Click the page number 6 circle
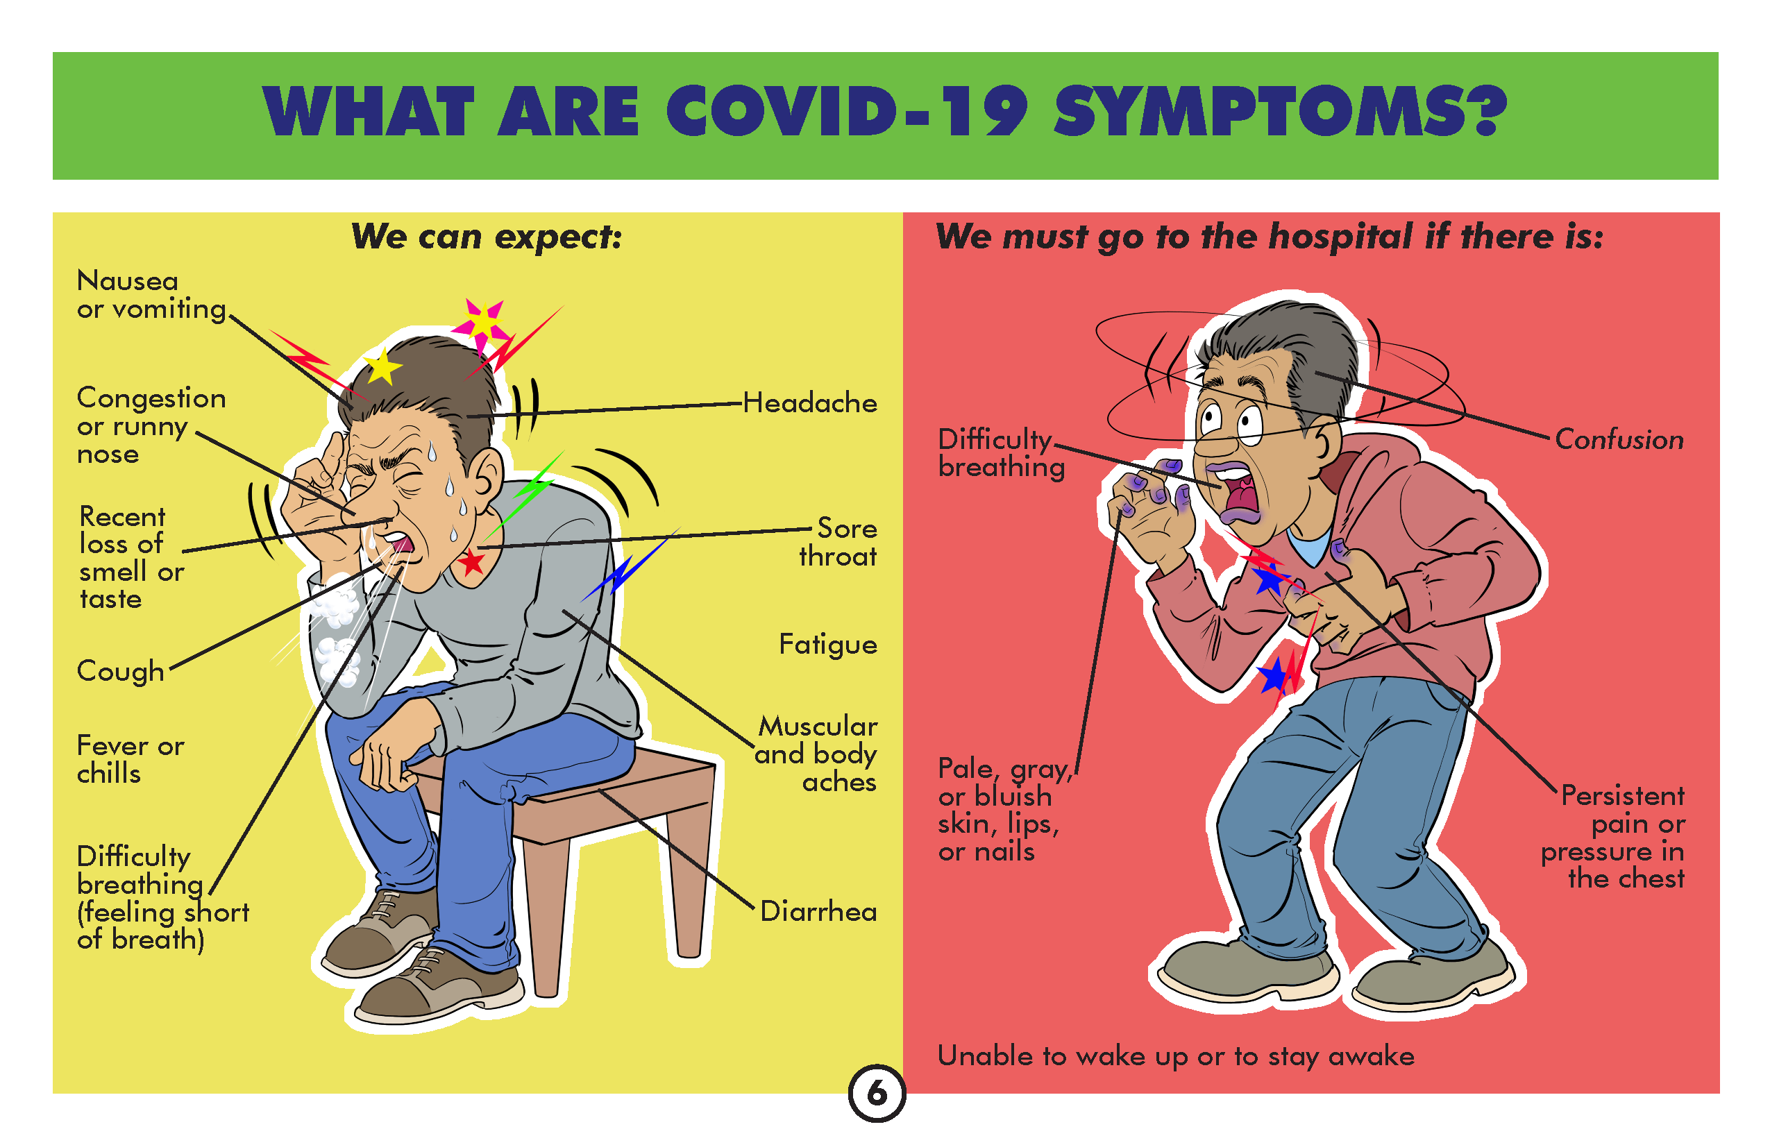point(877,1094)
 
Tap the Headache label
point(810,403)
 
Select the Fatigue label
point(827,645)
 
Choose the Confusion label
point(1619,439)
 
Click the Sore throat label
point(838,542)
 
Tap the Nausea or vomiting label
point(152,295)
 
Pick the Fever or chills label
point(130,759)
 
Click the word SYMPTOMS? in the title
point(1281,112)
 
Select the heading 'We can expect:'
point(487,237)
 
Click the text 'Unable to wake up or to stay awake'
point(1176,1056)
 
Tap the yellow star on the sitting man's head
point(382,366)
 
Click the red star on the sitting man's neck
point(471,563)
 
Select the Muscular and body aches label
point(816,754)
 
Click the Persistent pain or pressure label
point(1612,837)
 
